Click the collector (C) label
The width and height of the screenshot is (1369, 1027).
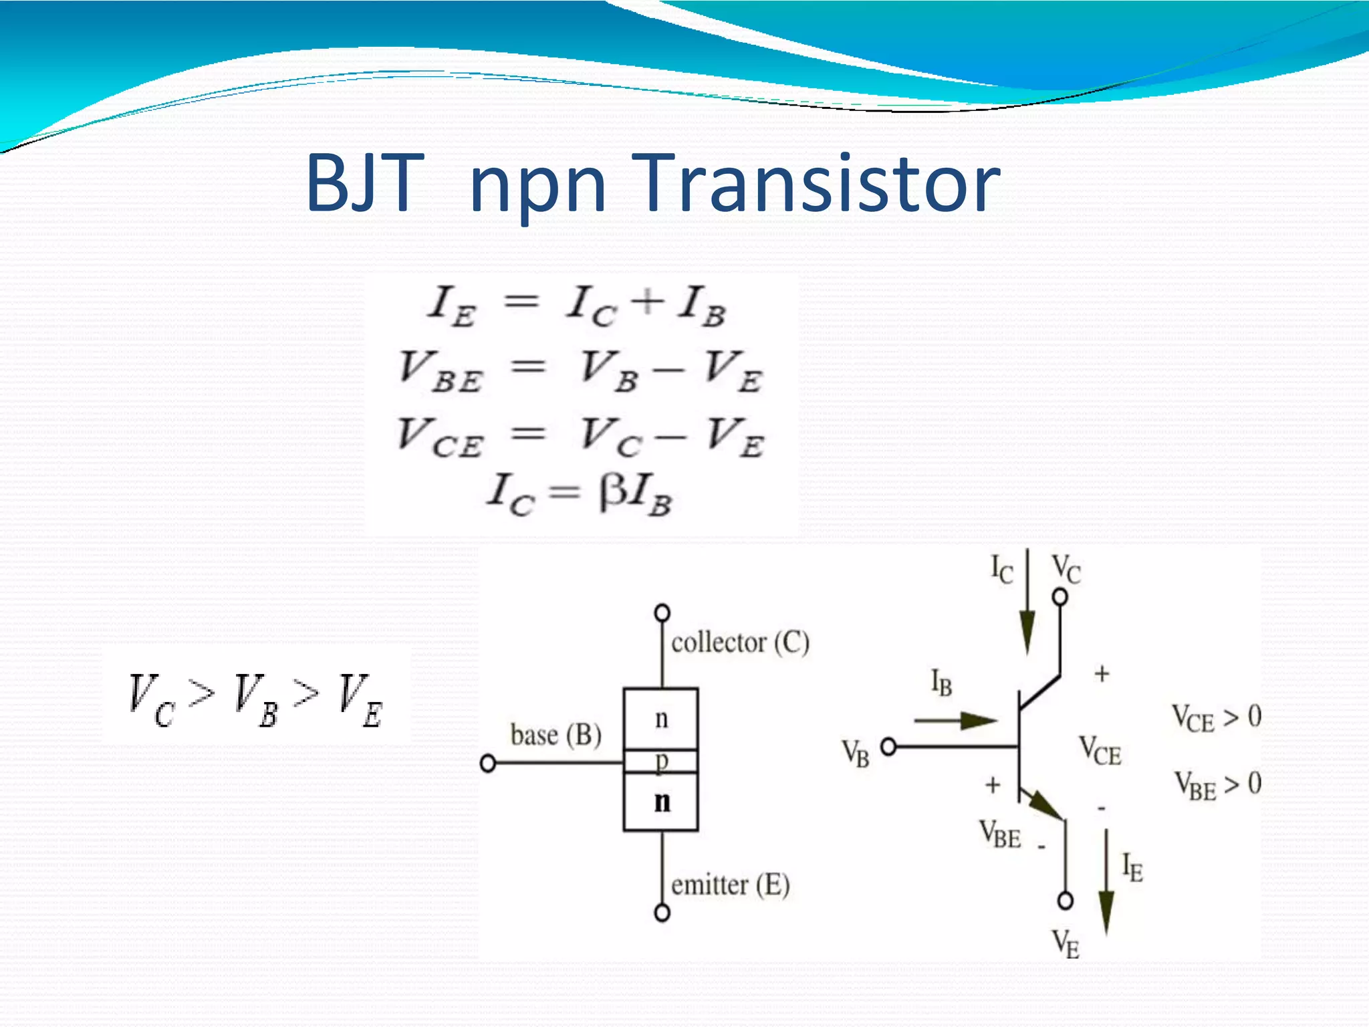pyautogui.click(x=740, y=643)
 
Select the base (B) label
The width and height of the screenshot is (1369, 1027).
pyautogui.click(x=555, y=735)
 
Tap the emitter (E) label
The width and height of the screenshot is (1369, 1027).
pyautogui.click(x=730, y=885)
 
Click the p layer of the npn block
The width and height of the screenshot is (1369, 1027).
pyautogui.click(x=661, y=762)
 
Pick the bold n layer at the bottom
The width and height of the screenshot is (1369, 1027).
pyautogui.click(x=662, y=801)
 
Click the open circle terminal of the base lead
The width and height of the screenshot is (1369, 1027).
pyautogui.click(x=488, y=763)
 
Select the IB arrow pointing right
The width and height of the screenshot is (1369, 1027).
pyautogui.click(x=956, y=721)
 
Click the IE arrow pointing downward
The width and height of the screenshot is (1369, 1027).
pyautogui.click(x=1106, y=883)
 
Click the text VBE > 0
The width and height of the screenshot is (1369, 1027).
pyautogui.click(x=1218, y=785)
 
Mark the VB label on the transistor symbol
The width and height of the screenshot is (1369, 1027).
pyautogui.click(x=855, y=753)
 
